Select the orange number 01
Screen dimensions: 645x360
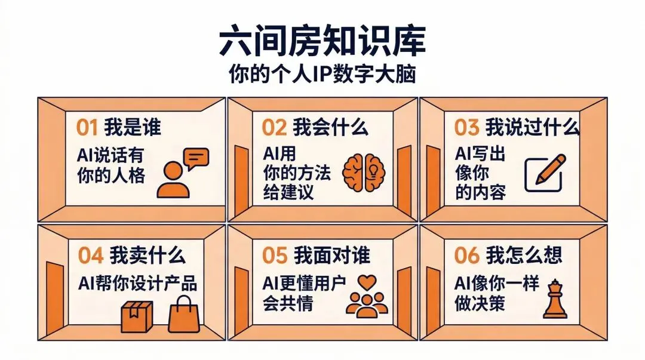pyautogui.click(x=87, y=127)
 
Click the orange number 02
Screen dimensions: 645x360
pyautogui.click(x=275, y=127)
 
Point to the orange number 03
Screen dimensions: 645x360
pyautogui.click(x=466, y=127)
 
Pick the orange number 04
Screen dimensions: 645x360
pyautogui.click(x=91, y=255)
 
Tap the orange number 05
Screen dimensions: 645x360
pyautogui.click(x=275, y=255)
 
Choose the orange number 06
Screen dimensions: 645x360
pyautogui.click(x=466, y=255)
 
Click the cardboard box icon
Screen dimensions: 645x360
pyautogui.click(x=137, y=316)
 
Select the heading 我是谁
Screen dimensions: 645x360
pyautogui.click(x=133, y=127)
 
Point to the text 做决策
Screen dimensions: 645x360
pyautogui.click(x=480, y=303)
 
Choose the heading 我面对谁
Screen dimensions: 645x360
pyautogui.click(x=332, y=255)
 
